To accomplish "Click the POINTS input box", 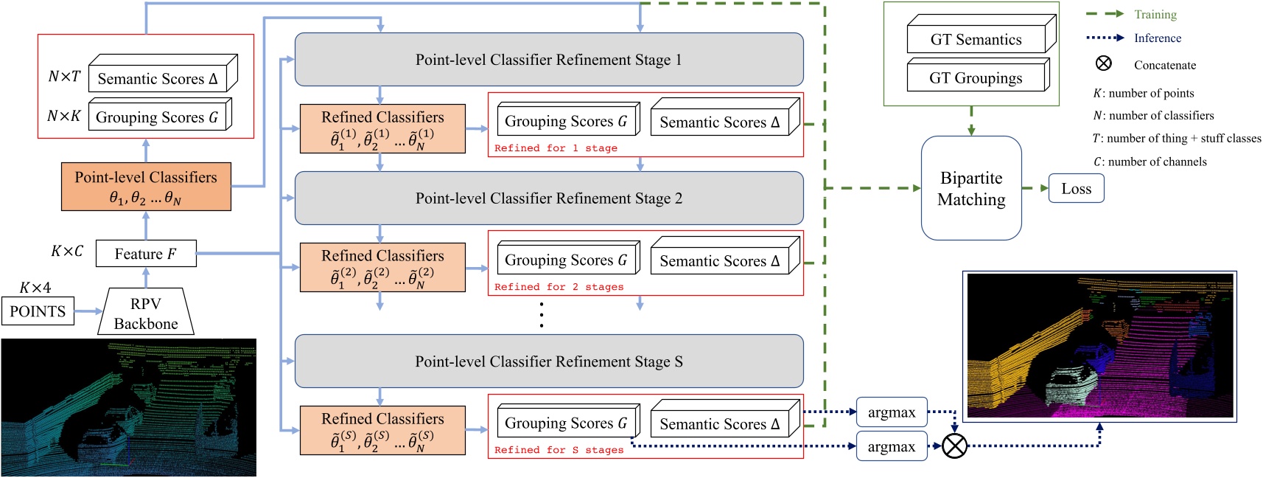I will pos(38,311).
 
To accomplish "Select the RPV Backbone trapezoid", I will pos(146,313).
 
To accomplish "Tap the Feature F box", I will pos(146,254).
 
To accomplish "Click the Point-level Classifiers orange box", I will pos(146,187).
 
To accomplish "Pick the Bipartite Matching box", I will pos(971,188).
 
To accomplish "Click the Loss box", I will pos(1076,188).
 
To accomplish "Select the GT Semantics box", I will pos(976,39).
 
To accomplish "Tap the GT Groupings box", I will pos(976,77).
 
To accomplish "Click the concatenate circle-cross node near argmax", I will pos(955,446).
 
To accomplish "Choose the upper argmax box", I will pos(892,412).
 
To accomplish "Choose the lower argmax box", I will pos(892,446).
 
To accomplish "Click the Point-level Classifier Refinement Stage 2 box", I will pos(549,198).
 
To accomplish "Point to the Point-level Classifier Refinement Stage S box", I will pos(549,361).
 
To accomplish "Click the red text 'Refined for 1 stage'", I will pos(556,148).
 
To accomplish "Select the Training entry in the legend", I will pos(1155,14).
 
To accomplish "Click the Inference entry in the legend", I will pos(1157,38).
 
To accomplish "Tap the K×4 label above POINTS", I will pos(35,288).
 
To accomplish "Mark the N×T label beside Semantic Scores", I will pos(64,76).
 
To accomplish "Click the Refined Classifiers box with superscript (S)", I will pos(382,430).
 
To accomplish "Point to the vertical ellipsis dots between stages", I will pos(542,315).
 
